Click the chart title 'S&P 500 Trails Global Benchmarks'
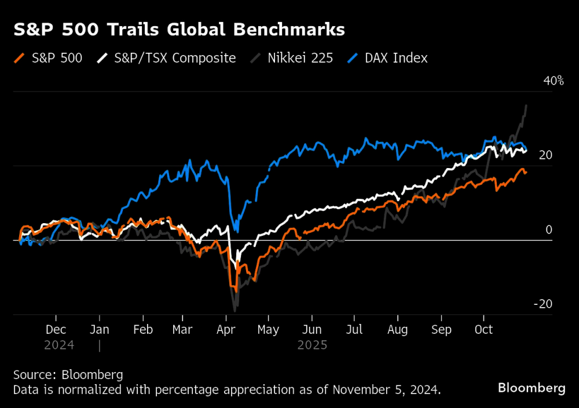[x=179, y=30]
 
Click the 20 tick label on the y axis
[x=545, y=155]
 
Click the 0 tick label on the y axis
[x=549, y=230]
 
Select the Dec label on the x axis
[x=56, y=330]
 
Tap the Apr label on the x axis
[x=226, y=330]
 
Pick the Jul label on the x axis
[x=354, y=330]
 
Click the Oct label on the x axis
[x=483, y=330]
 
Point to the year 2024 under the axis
[x=58, y=345]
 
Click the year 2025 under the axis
[x=312, y=345]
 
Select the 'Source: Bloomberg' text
[x=68, y=374]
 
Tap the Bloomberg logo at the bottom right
[x=532, y=388]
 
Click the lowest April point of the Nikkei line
[x=235, y=311]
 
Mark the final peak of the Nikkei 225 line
[x=526, y=105]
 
